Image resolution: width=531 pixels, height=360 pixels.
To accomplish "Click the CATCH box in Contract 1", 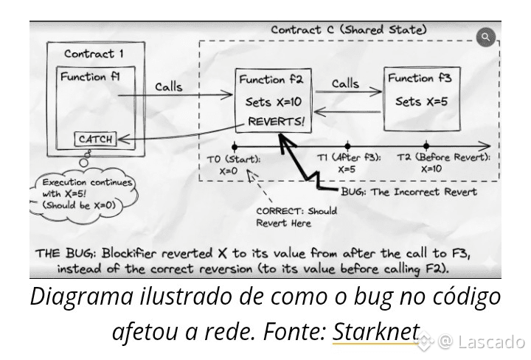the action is coord(95,139).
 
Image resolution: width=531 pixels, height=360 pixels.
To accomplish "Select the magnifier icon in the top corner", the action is coord(485,36).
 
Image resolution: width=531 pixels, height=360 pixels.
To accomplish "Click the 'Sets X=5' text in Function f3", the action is coord(421,102).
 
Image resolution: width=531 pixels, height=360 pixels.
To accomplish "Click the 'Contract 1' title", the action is coord(94,54).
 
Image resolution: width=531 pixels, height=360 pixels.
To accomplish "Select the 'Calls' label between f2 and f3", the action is coord(345,83).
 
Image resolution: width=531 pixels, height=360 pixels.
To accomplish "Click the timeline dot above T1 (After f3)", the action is coord(347,145).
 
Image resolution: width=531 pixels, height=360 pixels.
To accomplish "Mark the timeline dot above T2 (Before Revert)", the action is coord(426,145).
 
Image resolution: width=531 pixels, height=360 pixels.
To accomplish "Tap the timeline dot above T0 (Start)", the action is coord(234,145).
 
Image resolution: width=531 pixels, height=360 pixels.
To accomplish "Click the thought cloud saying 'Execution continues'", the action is coord(79,193).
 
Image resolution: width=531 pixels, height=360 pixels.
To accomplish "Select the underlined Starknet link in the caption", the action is coord(376,332).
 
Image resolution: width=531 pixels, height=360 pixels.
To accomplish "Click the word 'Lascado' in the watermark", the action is coord(491,342).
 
